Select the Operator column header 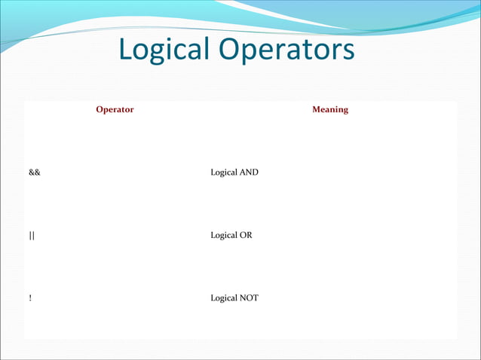[115, 110]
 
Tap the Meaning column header [330, 110]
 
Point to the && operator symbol [35, 172]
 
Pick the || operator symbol [32, 236]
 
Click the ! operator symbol [30, 298]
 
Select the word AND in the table [249, 172]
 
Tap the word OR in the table [247, 236]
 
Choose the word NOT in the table [249, 298]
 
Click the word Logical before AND [225, 172]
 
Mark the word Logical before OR [225, 236]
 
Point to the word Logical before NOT [225, 298]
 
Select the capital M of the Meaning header [317, 110]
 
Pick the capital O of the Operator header [100, 110]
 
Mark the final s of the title [347, 51]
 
